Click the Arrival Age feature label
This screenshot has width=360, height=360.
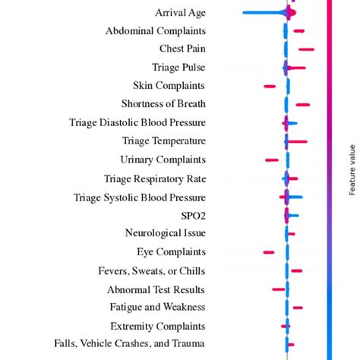(x=180, y=12)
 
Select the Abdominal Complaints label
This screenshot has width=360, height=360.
(x=156, y=31)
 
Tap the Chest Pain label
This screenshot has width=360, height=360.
(x=182, y=49)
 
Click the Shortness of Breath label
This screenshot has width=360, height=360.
(x=163, y=104)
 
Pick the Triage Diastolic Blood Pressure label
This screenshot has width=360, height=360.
(x=137, y=122)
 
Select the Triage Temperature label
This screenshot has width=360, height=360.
(x=163, y=141)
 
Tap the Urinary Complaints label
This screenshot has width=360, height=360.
(x=163, y=159)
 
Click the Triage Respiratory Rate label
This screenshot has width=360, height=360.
(x=155, y=178)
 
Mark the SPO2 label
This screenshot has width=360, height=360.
(x=193, y=216)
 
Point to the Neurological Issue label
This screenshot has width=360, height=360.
(x=166, y=233)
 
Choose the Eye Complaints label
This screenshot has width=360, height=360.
(x=171, y=252)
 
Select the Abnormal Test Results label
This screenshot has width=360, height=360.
(x=156, y=289)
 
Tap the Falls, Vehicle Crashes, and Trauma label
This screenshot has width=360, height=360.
(x=130, y=344)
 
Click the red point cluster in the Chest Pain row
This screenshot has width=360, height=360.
(x=306, y=49)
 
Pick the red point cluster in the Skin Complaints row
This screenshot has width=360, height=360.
(x=270, y=87)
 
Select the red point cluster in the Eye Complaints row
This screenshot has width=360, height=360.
(x=268, y=252)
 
